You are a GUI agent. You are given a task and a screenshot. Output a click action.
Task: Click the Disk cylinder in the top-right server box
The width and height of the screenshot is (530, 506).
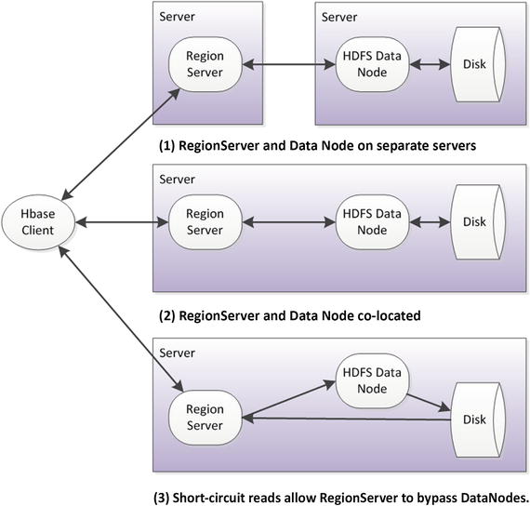[475, 63]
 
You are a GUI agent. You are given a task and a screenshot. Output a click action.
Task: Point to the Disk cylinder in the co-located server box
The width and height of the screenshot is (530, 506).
[475, 221]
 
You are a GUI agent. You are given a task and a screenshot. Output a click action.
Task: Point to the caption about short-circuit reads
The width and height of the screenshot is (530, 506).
[340, 496]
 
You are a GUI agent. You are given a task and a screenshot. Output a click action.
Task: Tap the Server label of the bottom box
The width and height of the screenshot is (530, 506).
[177, 353]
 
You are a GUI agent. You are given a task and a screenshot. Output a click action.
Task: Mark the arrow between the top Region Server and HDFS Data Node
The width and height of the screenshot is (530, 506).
[287, 63]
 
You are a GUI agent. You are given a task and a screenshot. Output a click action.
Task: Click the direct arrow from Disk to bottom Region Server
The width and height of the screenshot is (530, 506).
[344, 419]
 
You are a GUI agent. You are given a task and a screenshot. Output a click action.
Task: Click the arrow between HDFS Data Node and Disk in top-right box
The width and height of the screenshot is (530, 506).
[430, 63]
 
